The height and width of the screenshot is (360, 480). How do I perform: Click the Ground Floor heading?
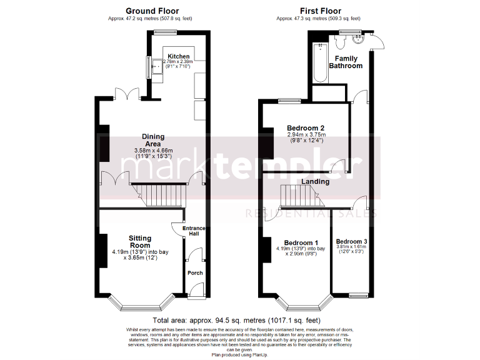click(152, 11)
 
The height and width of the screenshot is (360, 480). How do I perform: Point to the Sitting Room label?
click(140, 242)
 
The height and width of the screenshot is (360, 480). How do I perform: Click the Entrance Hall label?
click(194, 232)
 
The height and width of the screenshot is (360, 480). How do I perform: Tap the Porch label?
click(195, 272)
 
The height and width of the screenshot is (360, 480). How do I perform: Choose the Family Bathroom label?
click(345, 62)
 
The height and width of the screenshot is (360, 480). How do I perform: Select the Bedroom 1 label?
click(301, 242)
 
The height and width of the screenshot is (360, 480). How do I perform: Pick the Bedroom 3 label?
click(351, 241)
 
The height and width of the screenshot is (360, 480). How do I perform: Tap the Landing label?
click(316, 181)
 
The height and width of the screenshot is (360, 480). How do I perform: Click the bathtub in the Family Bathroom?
click(319, 65)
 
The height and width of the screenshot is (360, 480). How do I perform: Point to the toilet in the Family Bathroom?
click(340, 42)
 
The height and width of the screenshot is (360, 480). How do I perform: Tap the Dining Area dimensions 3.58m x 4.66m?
click(154, 151)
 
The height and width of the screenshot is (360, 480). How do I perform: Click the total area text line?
click(240, 319)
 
